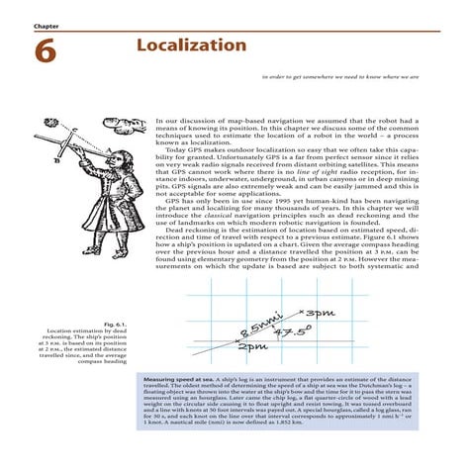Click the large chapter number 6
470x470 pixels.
point(46,51)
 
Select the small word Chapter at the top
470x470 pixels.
point(46,25)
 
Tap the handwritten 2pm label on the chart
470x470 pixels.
point(253,347)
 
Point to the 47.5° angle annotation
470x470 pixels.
point(292,331)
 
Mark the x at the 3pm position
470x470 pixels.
point(299,314)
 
